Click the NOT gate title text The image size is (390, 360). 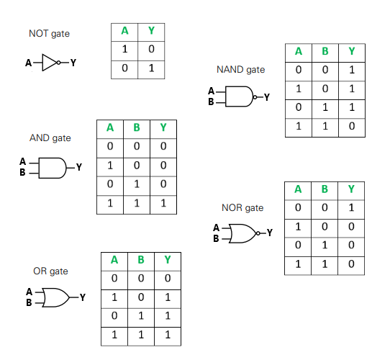[49, 34]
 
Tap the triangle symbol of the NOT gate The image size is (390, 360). [50, 63]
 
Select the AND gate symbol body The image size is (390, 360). [53, 168]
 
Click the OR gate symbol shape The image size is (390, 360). [56, 297]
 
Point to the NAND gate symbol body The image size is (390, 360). [239, 96]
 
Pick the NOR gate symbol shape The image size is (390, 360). [242, 233]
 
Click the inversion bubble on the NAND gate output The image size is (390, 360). [255, 97]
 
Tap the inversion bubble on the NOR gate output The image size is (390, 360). [258, 233]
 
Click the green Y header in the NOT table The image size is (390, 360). [151, 31]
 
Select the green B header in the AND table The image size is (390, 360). [137, 127]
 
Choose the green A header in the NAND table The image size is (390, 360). [299, 52]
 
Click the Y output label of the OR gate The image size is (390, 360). [83, 297]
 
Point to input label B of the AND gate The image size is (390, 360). [22, 172]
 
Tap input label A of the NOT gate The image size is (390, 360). [28, 63]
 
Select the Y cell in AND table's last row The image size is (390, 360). [163, 204]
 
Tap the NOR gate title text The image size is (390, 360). [242, 208]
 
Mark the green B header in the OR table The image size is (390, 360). [141, 260]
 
